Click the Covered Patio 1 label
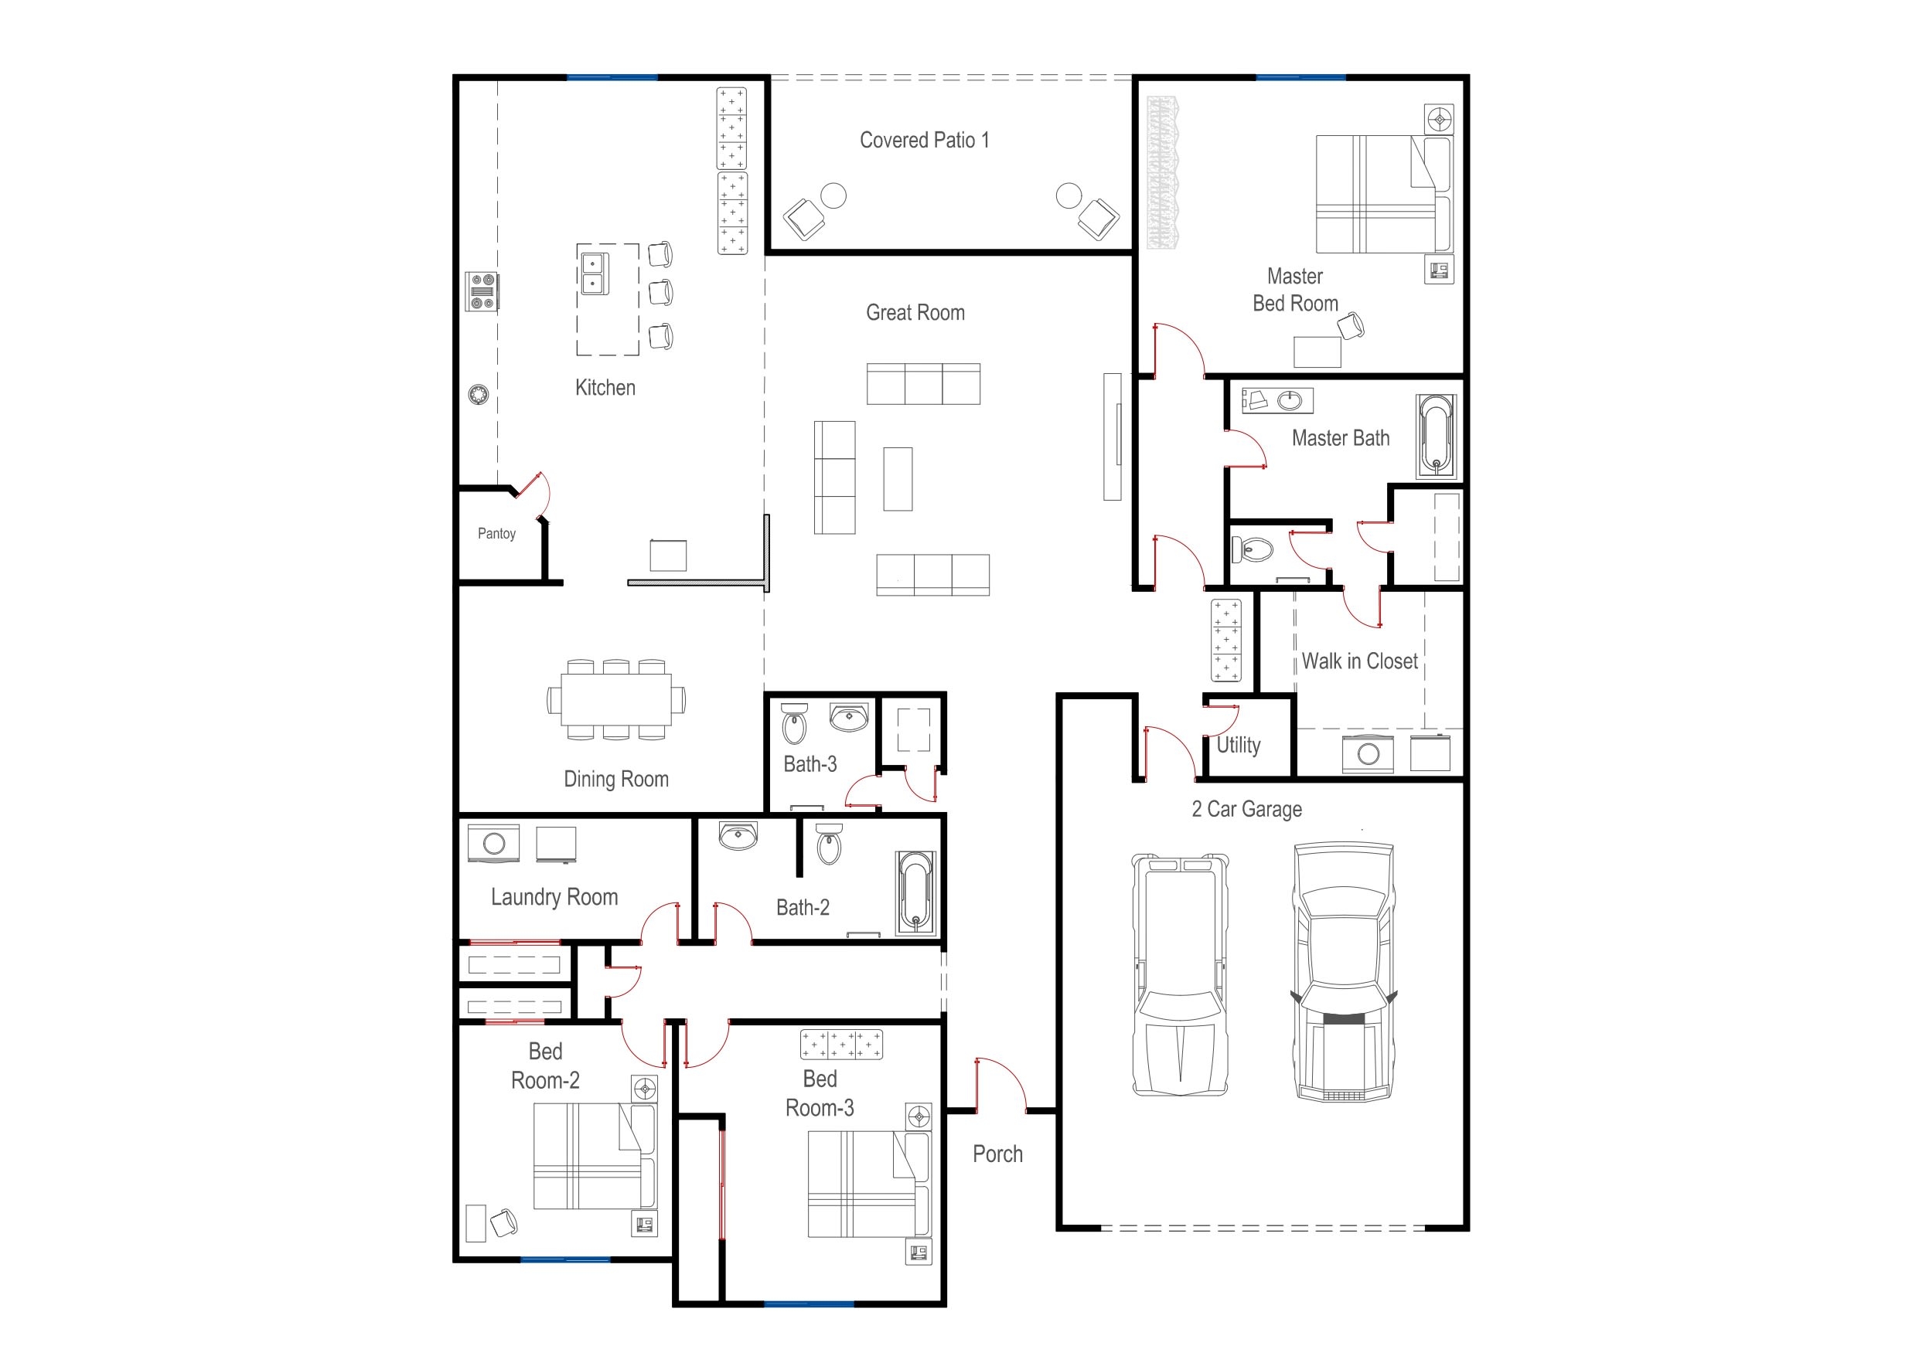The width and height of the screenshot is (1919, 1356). pos(925,141)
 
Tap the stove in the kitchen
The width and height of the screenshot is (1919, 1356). pos(482,291)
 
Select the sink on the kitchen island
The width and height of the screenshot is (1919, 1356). pos(595,274)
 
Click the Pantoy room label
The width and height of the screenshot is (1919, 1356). pos(496,533)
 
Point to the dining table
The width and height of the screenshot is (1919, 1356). pos(616,699)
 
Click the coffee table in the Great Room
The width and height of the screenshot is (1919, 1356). pos(898,479)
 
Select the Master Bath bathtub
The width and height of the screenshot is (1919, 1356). pos(1435,436)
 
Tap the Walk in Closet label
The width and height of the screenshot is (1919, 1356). pos(1359,661)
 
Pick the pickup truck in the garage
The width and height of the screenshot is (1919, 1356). pos(1179,974)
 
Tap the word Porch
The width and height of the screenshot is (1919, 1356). pos(997,1154)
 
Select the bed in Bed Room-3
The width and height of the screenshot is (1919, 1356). pos(868,1184)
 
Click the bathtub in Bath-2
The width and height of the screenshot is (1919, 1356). pos(916,892)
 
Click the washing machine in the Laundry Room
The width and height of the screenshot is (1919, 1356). pos(494,843)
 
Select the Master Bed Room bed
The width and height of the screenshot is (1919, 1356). pos(1383,194)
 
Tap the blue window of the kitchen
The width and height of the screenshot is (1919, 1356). pos(612,78)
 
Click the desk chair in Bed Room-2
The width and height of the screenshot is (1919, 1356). pos(504,1222)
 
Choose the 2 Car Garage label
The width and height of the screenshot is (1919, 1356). pos(1246,809)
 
